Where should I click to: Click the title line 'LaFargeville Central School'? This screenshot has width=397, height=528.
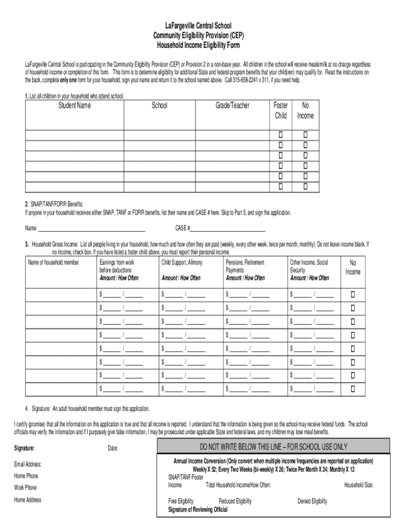click(198, 25)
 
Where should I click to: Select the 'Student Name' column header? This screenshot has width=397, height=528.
click(74, 106)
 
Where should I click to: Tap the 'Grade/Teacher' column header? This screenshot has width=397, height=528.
click(232, 106)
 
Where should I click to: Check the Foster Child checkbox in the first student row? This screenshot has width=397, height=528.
click(281, 135)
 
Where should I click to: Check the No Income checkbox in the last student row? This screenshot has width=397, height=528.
click(305, 186)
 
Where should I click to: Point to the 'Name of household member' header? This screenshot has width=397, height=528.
click(54, 263)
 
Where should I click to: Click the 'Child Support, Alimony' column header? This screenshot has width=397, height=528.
click(182, 263)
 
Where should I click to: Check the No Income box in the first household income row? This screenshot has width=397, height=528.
click(353, 295)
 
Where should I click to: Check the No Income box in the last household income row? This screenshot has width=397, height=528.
click(353, 388)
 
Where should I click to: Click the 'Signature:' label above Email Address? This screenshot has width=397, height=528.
click(25, 448)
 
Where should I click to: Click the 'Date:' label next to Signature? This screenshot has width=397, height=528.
click(113, 448)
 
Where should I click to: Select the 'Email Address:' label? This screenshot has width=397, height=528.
click(28, 465)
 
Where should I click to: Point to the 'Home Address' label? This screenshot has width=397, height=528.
click(28, 500)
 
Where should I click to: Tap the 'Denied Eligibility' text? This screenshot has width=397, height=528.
click(312, 501)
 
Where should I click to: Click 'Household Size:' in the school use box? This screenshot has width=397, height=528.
click(359, 485)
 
